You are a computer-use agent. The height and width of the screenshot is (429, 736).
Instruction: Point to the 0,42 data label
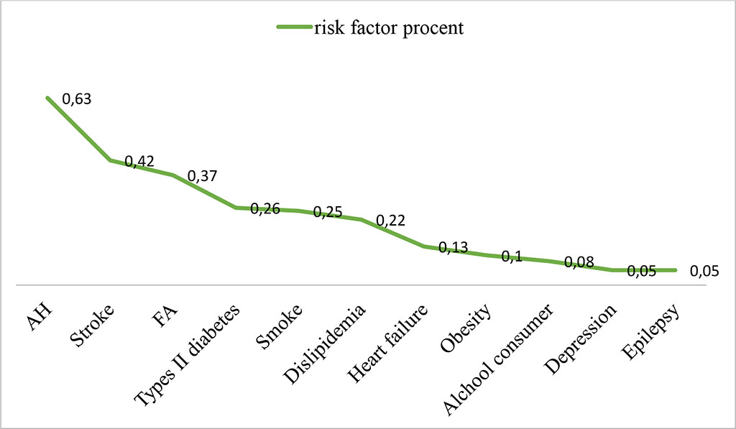click(x=139, y=162)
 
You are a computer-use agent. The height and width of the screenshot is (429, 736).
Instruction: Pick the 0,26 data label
click(x=264, y=209)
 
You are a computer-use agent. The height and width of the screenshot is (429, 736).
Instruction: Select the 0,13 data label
click(x=454, y=248)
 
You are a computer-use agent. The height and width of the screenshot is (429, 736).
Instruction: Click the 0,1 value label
click(x=511, y=257)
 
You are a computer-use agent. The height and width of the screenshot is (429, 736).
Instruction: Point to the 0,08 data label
click(x=579, y=263)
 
